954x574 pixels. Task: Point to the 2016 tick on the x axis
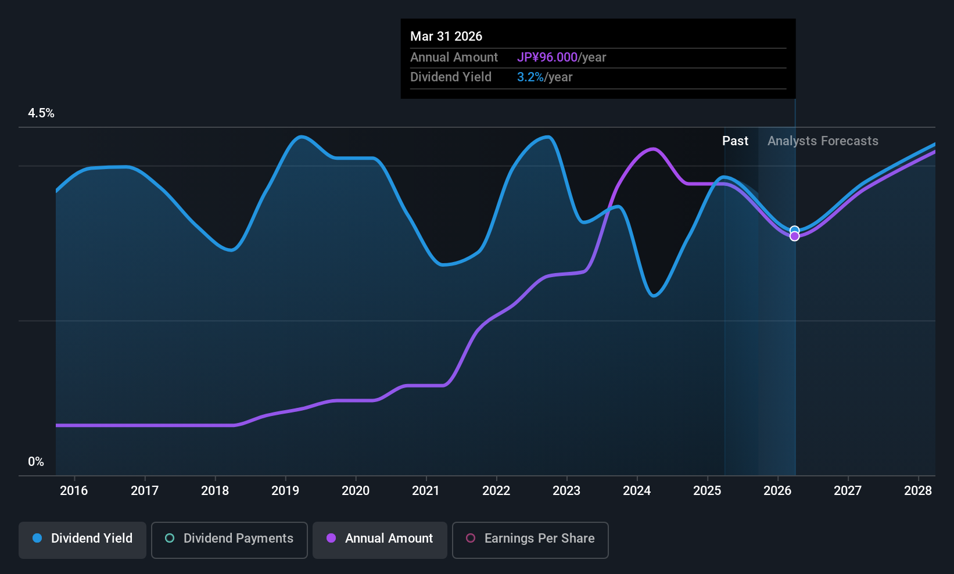coord(74,491)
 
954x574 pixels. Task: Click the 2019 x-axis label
coord(285,491)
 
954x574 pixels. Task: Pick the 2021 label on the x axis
coord(426,491)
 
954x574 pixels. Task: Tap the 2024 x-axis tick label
coord(637,491)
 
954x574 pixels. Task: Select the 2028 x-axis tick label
coord(918,491)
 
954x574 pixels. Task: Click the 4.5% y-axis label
coord(41,113)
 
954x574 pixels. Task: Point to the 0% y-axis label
coord(36,462)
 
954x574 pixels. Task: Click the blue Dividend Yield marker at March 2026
coord(795,230)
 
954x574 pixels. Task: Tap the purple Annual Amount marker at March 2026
coord(795,236)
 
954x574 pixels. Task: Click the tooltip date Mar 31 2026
coord(446,36)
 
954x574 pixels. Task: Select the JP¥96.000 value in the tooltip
coord(547,58)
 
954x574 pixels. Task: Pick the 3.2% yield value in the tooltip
coord(530,77)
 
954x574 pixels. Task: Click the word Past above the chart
coord(735,141)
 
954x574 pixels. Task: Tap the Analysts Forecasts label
coord(823,141)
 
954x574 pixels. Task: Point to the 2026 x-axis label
coord(777,491)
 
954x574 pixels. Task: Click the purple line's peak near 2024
coord(653,149)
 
